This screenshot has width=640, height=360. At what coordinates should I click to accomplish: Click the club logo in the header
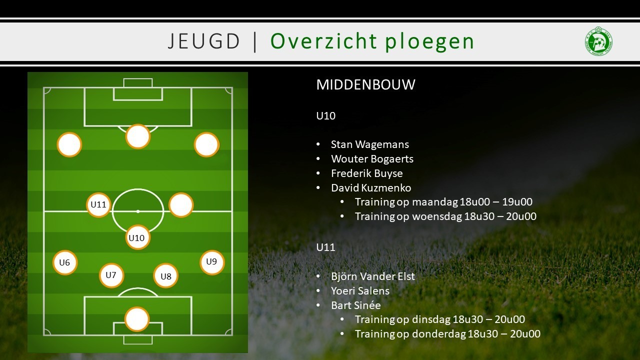click(598, 41)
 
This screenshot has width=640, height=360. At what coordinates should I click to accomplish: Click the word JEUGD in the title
click(203, 41)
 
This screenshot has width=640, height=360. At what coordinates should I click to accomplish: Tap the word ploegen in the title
click(429, 42)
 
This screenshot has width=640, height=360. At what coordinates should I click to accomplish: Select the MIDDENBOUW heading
click(365, 84)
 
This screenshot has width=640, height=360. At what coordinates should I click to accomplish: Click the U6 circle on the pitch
click(65, 262)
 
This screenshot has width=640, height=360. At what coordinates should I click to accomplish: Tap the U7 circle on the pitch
click(111, 275)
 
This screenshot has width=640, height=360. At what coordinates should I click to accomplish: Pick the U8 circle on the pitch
click(165, 276)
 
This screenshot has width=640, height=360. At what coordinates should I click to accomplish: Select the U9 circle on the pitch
click(212, 262)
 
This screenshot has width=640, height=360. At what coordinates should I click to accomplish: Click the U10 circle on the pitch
click(137, 237)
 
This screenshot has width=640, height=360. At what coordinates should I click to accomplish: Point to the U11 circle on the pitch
click(98, 204)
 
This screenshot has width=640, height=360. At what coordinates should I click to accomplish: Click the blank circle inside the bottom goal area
click(137, 319)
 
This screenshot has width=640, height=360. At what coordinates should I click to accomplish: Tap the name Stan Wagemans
click(370, 144)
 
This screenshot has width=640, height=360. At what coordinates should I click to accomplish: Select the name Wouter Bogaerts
click(372, 159)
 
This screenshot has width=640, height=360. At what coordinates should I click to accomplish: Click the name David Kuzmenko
click(371, 188)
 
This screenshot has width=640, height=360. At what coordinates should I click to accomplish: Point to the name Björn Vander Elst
click(373, 276)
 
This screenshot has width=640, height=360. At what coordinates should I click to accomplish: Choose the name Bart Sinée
click(355, 305)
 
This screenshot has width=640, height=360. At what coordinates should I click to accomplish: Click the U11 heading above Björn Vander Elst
click(325, 247)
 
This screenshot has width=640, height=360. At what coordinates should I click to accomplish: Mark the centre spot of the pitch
click(137, 211)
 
